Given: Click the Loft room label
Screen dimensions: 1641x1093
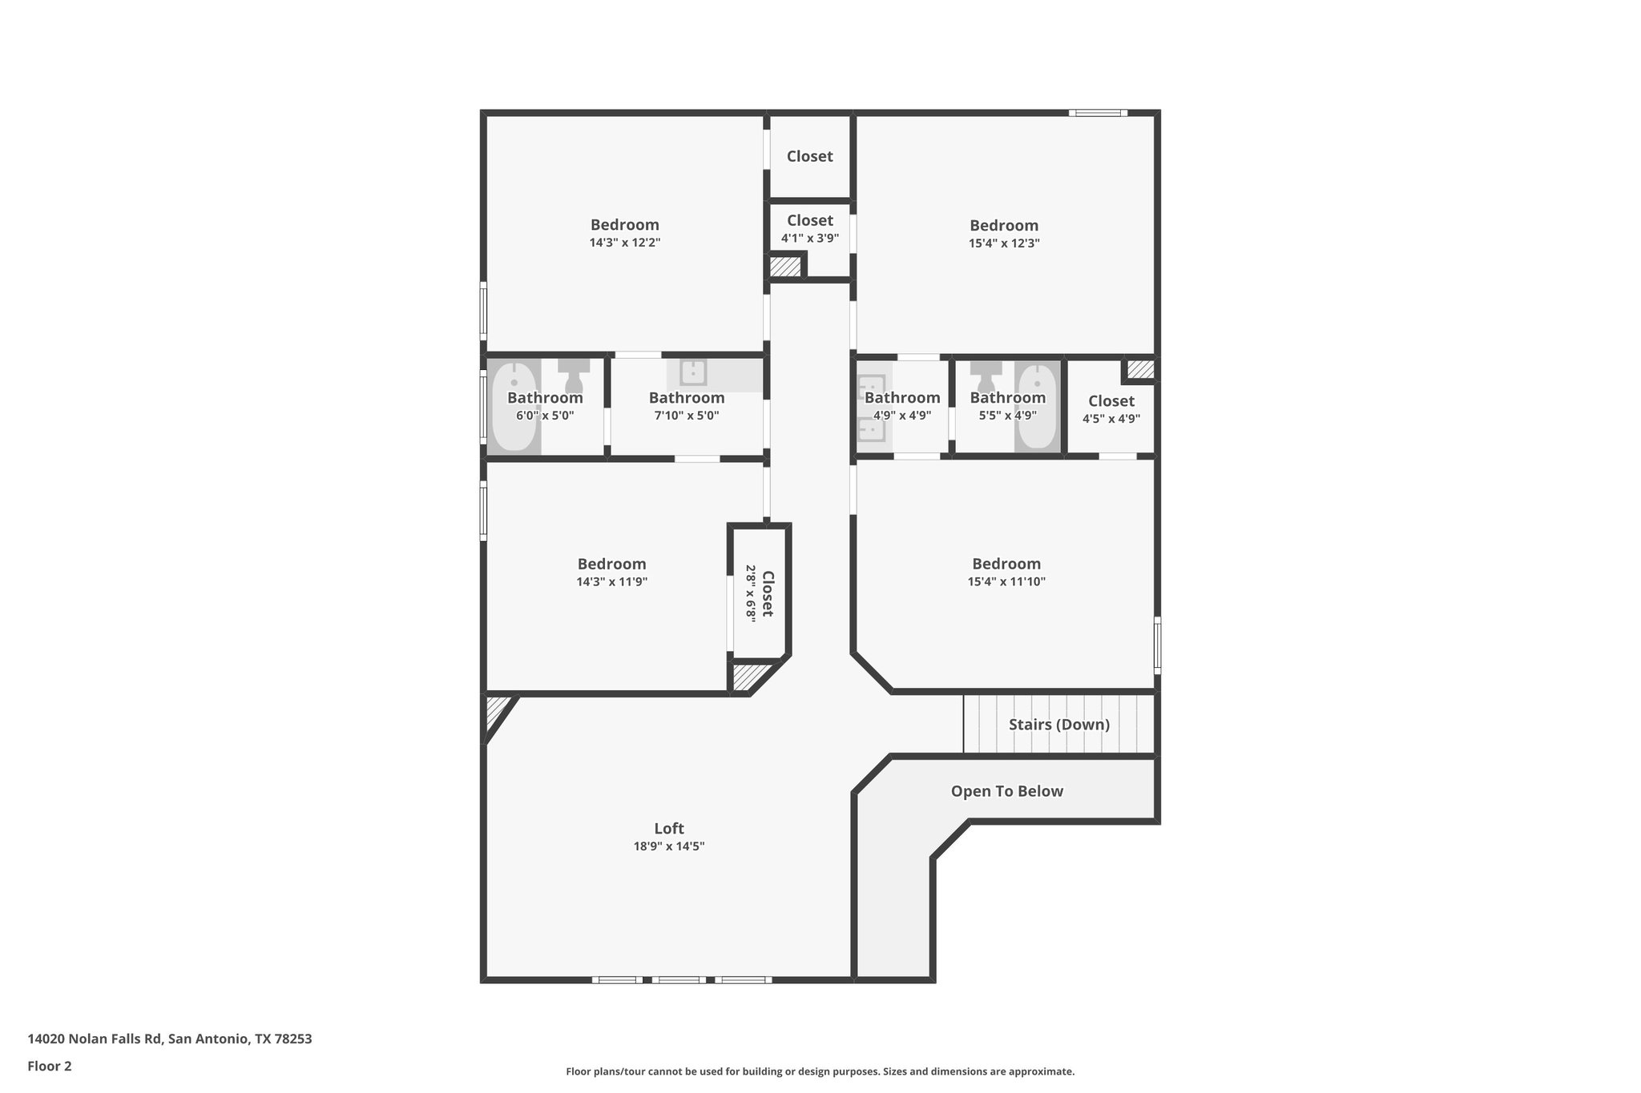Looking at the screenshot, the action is pyautogui.click(x=669, y=829).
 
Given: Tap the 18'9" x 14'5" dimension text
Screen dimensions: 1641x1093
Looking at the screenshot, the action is pyautogui.click(x=669, y=846).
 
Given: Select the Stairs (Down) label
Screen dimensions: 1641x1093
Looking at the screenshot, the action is pyautogui.click(x=1059, y=725).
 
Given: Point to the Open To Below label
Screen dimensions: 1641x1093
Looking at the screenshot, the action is pyautogui.click(x=1007, y=791).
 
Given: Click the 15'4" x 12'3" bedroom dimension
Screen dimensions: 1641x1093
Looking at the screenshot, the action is pyautogui.click(x=1004, y=243).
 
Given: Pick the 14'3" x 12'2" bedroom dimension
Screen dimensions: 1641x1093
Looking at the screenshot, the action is pyautogui.click(x=625, y=243).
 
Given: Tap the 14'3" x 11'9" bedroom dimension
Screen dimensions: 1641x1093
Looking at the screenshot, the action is pyautogui.click(x=612, y=582).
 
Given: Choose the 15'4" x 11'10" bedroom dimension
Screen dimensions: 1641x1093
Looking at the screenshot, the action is pyautogui.click(x=1006, y=582).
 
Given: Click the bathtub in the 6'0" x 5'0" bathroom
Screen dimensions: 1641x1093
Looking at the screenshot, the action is pyautogui.click(x=514, y=407).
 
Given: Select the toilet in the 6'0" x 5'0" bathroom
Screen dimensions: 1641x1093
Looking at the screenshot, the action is pyautogui.click(x=574, y=374).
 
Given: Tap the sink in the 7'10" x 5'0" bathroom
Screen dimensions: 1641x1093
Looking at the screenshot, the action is pyautogui.click(x=693, y=372).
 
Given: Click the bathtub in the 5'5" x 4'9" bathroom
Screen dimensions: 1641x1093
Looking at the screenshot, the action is pyautogui.click(x=1038, y=407).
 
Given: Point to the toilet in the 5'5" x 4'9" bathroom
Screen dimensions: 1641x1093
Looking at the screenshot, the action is pyautogui.click(x=986, y=375).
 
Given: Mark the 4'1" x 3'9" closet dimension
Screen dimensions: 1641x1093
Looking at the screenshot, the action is pyautogui.click(x=810, y=238).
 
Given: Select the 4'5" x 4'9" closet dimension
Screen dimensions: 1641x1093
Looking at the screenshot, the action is pyautogui.click(x=1111, y=419).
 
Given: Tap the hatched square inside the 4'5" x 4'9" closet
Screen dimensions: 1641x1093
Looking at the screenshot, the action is pyautogui.click(x=1140, y=369).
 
